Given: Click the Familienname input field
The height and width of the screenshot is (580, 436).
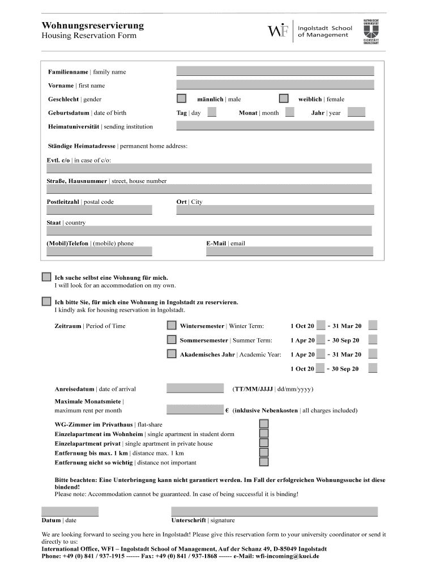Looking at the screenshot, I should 275,71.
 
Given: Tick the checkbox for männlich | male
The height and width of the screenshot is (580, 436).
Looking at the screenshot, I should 181,99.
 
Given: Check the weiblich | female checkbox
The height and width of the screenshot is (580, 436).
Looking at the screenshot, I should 284,99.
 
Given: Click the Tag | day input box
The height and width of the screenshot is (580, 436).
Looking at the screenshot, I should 212,112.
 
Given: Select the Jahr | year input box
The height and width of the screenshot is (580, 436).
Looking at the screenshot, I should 356,112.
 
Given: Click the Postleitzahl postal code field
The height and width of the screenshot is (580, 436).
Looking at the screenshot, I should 99,210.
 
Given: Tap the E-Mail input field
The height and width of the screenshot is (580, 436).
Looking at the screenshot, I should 289,252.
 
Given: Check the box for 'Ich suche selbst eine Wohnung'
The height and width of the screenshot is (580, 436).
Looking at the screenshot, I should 46,277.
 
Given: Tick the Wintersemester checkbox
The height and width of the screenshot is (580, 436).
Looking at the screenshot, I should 172,325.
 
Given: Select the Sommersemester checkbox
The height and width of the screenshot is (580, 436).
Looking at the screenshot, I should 172,340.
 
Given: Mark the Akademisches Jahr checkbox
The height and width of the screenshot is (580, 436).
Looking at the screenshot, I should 172,354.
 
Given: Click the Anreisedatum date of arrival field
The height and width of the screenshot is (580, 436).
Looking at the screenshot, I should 195,389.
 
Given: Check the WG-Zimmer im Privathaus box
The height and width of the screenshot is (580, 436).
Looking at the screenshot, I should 264,424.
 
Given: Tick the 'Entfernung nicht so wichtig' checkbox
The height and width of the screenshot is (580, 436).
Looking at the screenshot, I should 264,462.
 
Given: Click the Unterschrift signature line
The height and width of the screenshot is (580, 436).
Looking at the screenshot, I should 274,511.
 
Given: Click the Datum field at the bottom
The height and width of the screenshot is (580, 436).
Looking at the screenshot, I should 70,511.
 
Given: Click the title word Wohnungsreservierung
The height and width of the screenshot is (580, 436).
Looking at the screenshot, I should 93,25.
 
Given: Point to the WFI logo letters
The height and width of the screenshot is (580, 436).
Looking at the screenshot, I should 277,31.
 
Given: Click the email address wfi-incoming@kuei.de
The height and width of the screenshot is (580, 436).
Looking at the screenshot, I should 288,556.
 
